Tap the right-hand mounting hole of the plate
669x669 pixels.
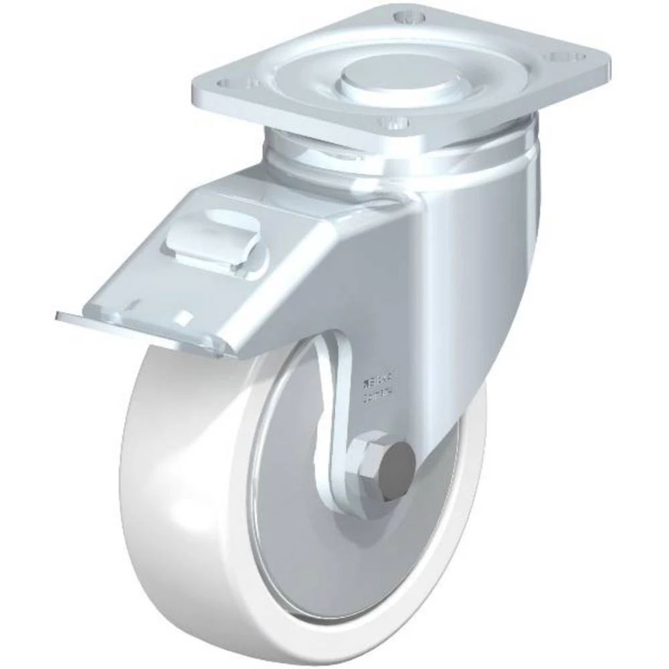(x=561, y=58)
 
